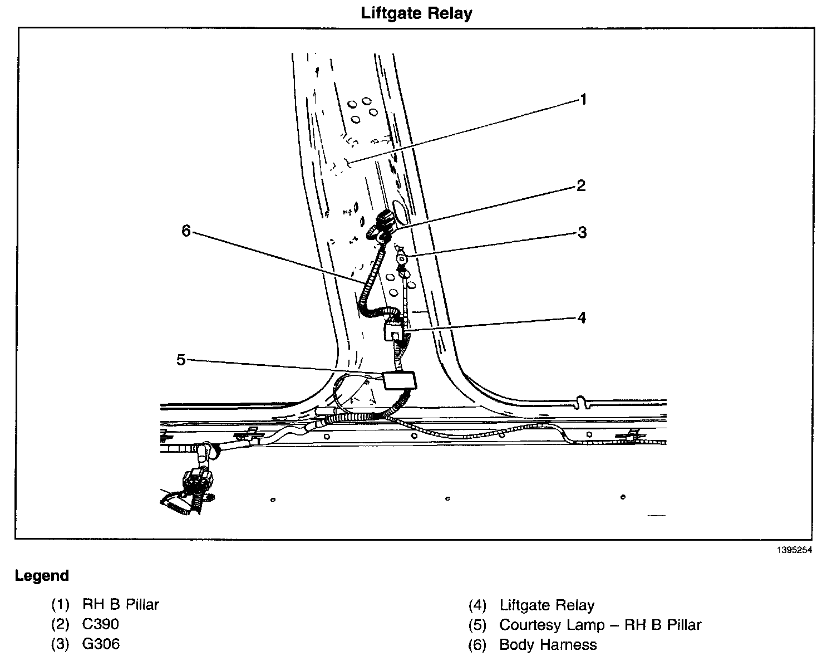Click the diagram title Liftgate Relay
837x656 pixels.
point(416,13)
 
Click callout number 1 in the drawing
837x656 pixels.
point(583,100)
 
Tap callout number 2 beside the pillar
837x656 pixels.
point(581,185)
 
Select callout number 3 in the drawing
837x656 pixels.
point(582,232)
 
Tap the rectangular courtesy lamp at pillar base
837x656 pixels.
point(400,380)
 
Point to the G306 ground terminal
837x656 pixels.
point(401,260)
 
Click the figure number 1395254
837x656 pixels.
point(795,550)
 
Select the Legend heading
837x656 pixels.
point(42,575)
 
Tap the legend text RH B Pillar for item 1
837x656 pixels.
point(121,604)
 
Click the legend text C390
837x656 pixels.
point(101,624)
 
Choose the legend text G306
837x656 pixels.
point(101,644)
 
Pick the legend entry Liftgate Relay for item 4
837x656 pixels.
point(547,605)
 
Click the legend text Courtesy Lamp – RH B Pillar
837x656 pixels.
point(600,625)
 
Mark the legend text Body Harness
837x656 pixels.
point(548,645)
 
